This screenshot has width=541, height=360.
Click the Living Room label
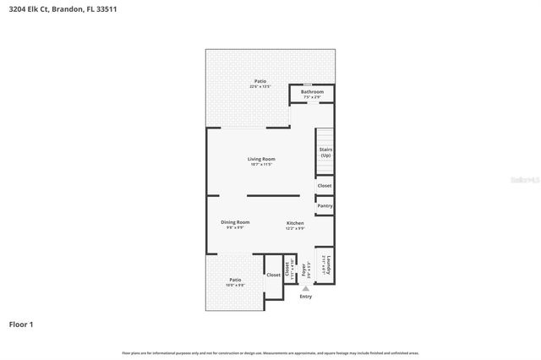click(x=260, y=159)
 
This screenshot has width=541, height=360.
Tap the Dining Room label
click(x=236, y=222)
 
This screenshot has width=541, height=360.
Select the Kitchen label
click(x=294, y=222)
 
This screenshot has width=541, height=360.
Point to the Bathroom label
click(x=312, y=92)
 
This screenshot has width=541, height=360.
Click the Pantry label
click(x=325, y=205)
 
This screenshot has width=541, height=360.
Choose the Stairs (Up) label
click(x=325, y=152)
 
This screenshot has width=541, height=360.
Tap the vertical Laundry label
click(x=328, y=265)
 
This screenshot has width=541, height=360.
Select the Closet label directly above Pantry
click(x=325, y=186)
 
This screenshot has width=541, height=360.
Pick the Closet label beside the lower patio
click(x=273, y=275)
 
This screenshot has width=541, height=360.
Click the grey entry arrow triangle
click(x=306, y=288)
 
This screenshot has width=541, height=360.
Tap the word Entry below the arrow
click(x=306, y=297)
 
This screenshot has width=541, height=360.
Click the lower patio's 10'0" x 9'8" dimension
click(x=235, y=285)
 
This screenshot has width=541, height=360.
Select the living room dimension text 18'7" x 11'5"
click(x=260, y=164)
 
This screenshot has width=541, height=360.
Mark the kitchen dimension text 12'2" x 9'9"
click(x=294, y=227)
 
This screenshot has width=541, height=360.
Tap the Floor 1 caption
click(x=21, y=324)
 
